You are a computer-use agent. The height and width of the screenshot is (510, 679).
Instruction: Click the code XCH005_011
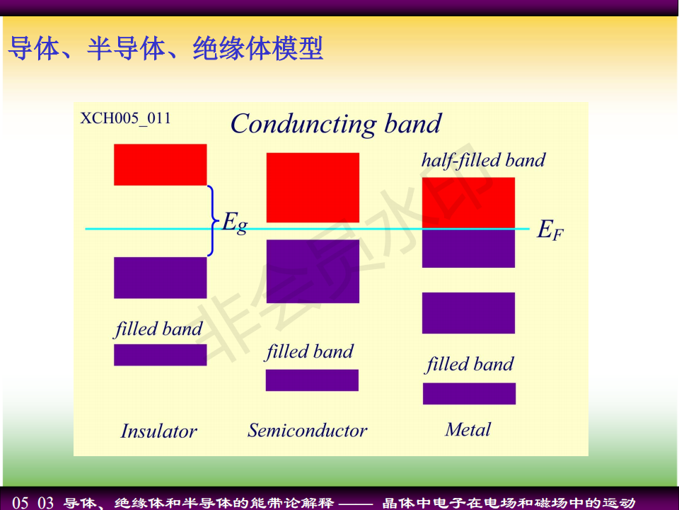[x=126, y=118]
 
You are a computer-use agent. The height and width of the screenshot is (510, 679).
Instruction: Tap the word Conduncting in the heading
[x=303, y=125]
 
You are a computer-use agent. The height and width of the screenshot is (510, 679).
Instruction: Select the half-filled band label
[x=483, y=161]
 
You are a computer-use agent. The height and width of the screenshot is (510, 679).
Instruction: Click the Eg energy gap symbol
[x=235, y=223]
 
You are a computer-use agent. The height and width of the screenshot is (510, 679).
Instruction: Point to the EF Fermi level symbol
[x=550, y=229]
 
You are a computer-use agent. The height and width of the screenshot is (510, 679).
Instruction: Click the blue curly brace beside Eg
[x=211, y=221]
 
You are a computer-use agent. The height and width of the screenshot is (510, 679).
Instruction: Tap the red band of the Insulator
[x=161, y=165]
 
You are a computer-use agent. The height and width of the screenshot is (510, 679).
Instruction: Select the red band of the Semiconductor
[x=313, y=187]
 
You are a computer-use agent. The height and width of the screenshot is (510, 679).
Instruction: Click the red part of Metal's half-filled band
[x=468, y=203]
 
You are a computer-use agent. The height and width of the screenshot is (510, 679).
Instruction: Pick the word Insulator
[x=159, y=431]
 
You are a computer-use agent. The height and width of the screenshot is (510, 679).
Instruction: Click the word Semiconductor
[x=308, y=430]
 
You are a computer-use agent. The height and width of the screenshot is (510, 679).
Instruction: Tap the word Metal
[x=468, y=430]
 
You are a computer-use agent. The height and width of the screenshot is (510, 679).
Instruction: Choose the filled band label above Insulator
[x=158, y=329]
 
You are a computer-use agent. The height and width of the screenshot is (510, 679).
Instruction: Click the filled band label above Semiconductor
[x=310, y=352]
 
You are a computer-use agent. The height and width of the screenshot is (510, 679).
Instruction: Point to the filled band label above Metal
[x=470, y=364]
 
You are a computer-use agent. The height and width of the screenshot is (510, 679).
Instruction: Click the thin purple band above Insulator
[x=161, y=355]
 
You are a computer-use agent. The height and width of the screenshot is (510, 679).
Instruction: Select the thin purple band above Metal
[x=470, y=393]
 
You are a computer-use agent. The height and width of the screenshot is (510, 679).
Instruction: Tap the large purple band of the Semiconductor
[x=313, y=271]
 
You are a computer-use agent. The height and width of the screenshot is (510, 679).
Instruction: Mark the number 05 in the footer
[x=21, y=503]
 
